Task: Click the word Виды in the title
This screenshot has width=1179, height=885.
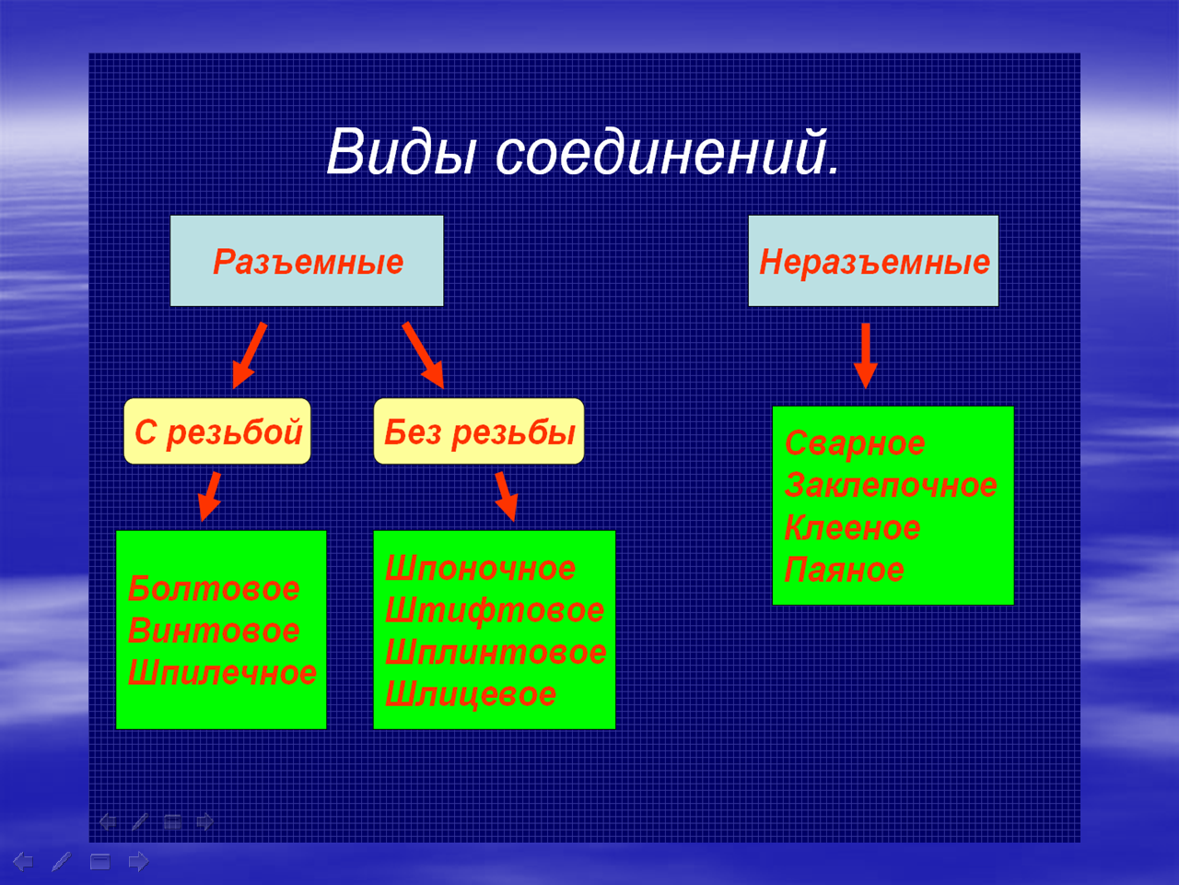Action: (402, 152)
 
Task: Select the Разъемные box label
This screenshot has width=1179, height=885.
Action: (308, 262)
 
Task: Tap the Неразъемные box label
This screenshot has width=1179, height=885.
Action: (874, 262)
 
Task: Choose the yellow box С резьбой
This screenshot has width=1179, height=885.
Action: (217, 431)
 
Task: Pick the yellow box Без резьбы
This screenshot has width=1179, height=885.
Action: (479, 431)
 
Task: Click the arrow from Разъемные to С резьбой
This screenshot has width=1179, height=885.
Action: (250, 355)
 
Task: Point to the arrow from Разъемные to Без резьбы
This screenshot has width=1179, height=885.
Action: (424, 355)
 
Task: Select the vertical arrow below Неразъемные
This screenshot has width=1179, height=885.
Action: (866, 356)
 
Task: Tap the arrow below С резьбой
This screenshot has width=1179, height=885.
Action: (209, 497)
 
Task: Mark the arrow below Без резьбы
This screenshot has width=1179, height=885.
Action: (507, 497)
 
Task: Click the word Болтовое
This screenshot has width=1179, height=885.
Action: (214, 589)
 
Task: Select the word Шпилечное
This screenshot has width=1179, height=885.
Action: (222, 673)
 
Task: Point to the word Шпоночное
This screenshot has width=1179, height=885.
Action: (480, 569)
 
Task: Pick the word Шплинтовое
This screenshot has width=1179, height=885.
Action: (496, 653)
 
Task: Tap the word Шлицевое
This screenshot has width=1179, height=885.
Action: (471, 694)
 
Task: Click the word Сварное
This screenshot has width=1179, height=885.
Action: (855, 443)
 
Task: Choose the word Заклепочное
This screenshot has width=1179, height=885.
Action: (891, 485)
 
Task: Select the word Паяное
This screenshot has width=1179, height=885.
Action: (845, 570)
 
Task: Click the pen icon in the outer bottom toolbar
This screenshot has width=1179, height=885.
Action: (61, 861)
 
